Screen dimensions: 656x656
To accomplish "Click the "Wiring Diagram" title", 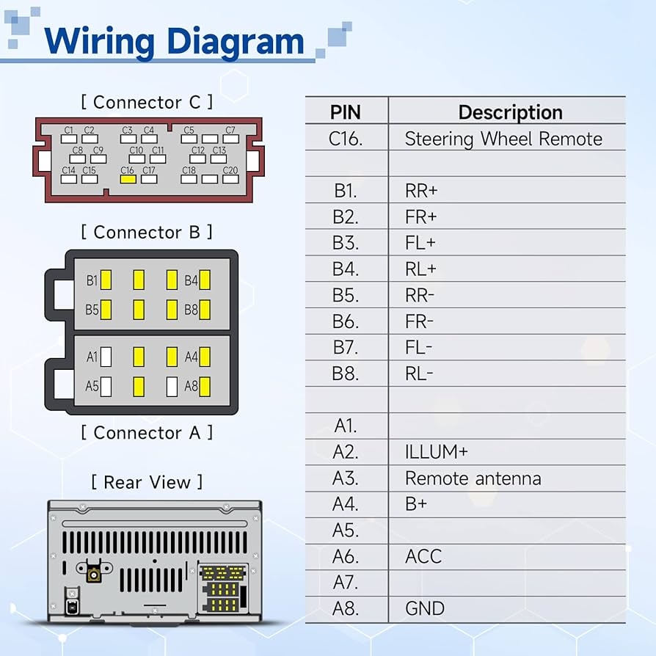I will tap(174, 41).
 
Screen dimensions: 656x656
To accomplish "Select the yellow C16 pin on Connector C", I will tap(128, 178).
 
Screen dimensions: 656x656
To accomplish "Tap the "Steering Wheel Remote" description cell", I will tap(503, 139).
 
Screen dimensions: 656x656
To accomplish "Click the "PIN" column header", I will tap(346, 112).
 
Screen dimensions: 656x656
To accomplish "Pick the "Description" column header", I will tap(510, 112).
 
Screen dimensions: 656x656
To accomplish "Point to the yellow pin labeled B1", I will tap(106, 280).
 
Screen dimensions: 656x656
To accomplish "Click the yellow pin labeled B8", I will tap(205, 310).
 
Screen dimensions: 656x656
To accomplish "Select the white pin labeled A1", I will tap(106, 357).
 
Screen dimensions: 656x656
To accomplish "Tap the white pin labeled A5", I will tap(106, 386).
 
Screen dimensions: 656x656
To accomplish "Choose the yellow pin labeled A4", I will tap(205, 357).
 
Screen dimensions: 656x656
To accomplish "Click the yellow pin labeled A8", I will tap(205, 386).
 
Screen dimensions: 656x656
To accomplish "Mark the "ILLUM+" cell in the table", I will tap(436, 452).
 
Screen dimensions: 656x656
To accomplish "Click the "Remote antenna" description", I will tap(473, 478).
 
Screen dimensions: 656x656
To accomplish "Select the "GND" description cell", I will tap(425, 608).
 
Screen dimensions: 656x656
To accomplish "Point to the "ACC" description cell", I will tap(423, 556).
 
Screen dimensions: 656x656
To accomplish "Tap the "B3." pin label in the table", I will tap(346, 243).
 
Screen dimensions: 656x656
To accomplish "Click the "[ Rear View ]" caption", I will tap(147, 482).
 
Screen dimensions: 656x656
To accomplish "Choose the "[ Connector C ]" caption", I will tap(147, 102).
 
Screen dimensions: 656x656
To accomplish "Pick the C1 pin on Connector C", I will tap(69, 138).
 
